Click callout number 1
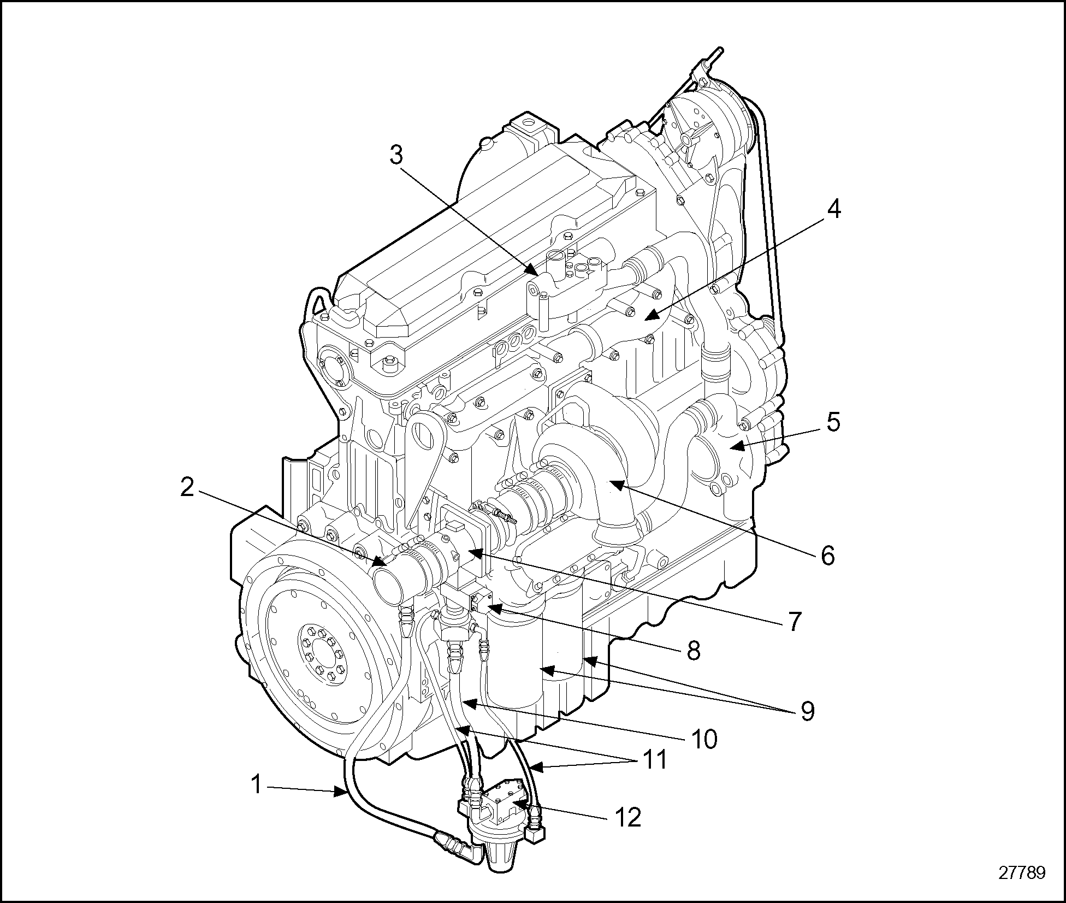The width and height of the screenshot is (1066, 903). pyautogui.click(x=257, y=785)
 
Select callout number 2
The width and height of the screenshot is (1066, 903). pyautogui.click(x=187, y=488)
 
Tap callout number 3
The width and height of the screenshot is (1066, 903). pyautogui.click(x=396, y=156)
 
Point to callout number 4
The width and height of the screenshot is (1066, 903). pyautogui.click(x=833, y=210)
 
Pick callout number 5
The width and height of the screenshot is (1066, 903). pyautogui.click(x=833, y=422)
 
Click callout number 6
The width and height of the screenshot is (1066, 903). pyautogui.click(x=828, y=556)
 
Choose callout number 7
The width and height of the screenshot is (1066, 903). pyautogui.click(x=794, y=621)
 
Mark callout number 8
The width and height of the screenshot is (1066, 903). pyautogui.click(x=694, y=651)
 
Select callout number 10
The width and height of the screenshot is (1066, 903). pyautogui.click(x=703, y=739)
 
